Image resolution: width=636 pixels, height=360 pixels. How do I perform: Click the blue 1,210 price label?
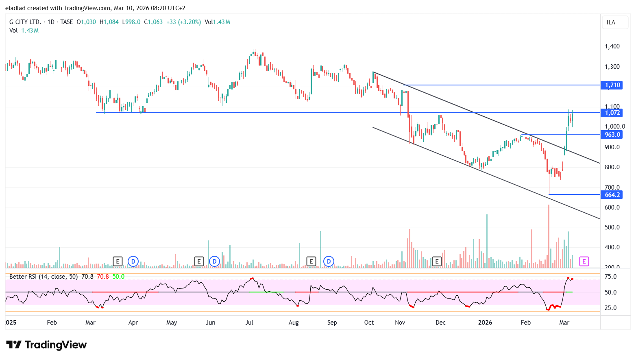pos(612,85)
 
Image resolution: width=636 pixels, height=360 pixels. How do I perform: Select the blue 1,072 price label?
pos(612,113)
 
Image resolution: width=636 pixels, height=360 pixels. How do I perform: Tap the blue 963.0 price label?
pos(612,135)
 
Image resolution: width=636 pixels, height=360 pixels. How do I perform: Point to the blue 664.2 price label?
pos(612,195)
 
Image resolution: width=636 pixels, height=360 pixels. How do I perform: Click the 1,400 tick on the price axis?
pos(612,46)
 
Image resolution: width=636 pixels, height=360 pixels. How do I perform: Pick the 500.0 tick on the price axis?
pos(612,227)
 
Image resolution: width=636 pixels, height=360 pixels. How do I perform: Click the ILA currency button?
pos(611,22)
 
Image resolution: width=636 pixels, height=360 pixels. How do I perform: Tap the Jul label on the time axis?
pos(249,323)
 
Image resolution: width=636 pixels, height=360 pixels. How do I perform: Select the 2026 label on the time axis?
pos(485,323)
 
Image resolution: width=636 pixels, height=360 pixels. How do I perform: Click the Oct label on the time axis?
pos(369,323)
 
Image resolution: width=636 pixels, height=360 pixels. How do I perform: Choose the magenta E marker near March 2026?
pos(584,261)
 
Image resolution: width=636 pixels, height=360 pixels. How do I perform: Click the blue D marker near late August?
pos(329,261)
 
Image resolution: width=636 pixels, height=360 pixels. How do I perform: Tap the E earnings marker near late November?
pos(437,261)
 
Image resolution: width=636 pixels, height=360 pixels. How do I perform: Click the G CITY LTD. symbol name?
pos(25,22)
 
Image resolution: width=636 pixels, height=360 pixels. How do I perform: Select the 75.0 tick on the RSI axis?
pos(610,277)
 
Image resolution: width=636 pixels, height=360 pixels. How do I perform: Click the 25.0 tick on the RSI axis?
pos(610,308)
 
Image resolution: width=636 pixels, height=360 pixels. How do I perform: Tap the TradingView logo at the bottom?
pos(46,345)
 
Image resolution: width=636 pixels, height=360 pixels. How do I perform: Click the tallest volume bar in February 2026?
pos(549,236)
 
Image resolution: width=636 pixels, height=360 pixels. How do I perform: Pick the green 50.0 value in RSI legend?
pos(118,277)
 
